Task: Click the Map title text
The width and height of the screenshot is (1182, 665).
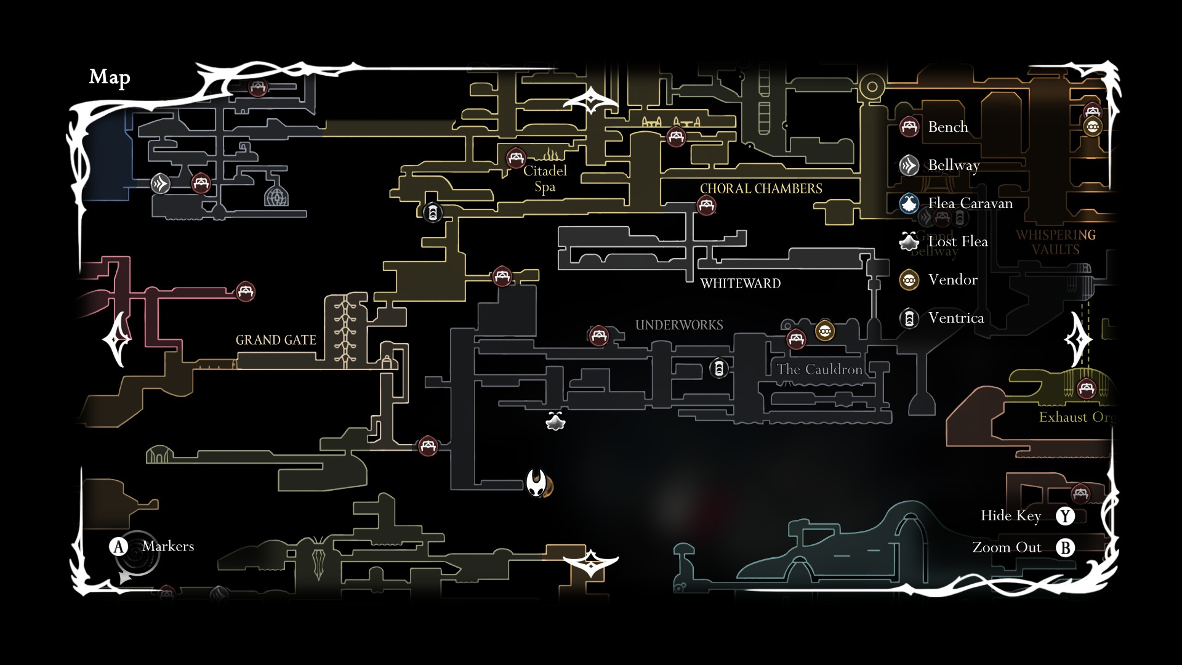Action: click(110, 77)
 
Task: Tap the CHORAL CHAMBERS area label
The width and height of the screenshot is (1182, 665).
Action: click(761, 188)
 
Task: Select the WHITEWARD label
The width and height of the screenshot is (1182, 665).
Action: click(741, 283)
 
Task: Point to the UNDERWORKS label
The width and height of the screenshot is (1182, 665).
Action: click(679, 325)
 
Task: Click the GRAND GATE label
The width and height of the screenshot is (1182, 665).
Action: click(276, 340)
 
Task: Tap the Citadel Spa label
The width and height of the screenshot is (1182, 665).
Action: click(545, 179)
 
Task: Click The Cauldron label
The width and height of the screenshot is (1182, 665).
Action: click(819, 369)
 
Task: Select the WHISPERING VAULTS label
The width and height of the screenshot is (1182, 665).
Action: click(1056, 242)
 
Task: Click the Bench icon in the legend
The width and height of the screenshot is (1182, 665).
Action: click(909, 127)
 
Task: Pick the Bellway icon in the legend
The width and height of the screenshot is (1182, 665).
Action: click(909, 165)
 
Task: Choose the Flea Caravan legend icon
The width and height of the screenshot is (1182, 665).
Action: click(909, 203)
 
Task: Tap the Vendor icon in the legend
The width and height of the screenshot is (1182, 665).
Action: click(909, 280)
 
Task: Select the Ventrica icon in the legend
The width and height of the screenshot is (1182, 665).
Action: click(909, 318)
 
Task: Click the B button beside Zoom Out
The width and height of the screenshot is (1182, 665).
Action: click(1065, 547)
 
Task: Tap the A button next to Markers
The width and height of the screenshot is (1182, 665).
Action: click(118, 546)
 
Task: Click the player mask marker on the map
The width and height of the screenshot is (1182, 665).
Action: click(537, 483)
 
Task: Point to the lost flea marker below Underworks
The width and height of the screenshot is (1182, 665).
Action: click(555, 421)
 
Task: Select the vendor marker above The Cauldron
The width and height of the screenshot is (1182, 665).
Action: click(825, 331)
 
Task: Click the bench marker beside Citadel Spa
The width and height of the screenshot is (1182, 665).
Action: click(516, 158)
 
